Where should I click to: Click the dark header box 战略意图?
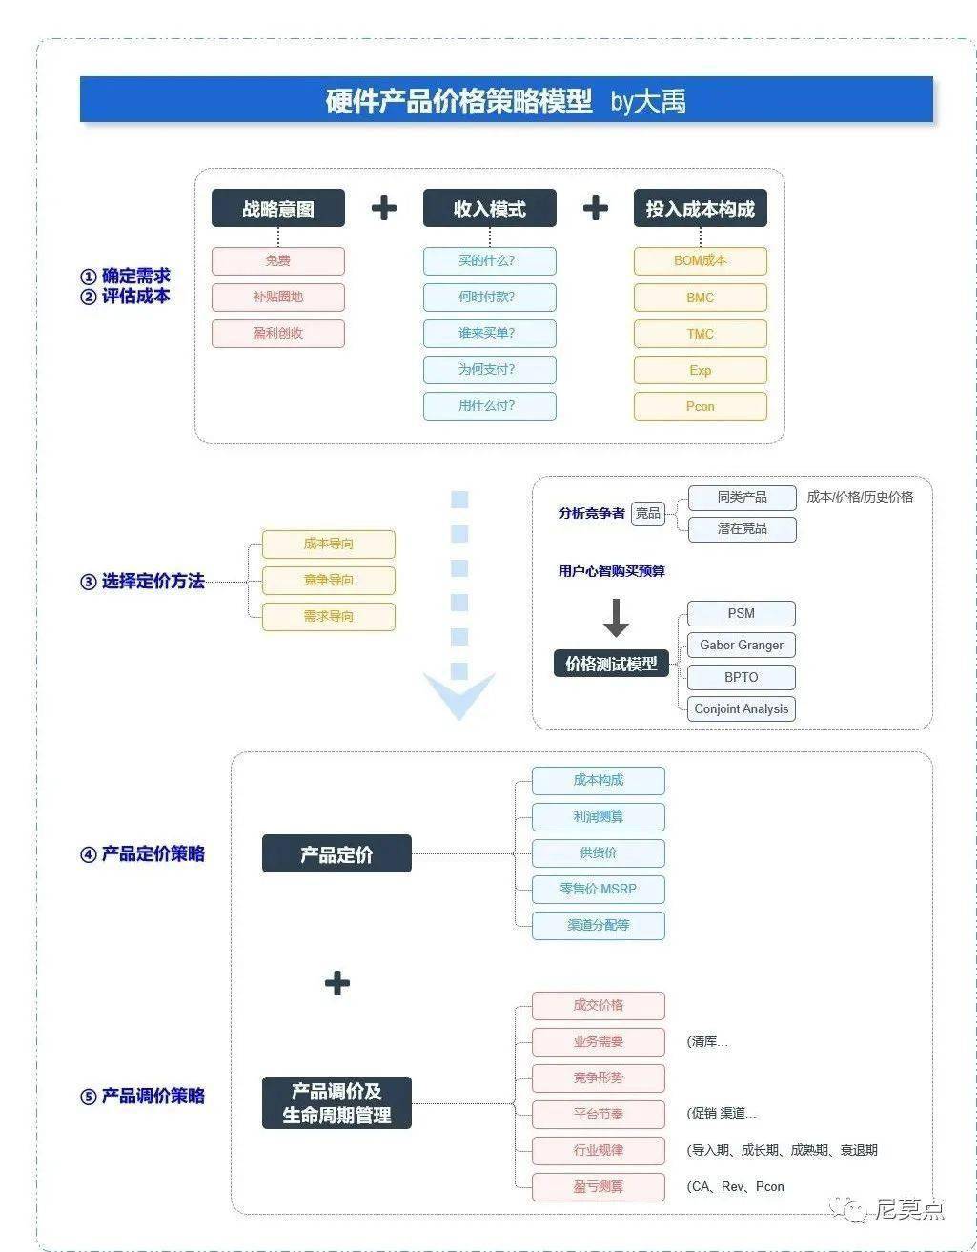click(x=277, y=209)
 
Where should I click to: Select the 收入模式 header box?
click(x=489, y=209)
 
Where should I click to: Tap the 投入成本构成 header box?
click(x=700, y=209)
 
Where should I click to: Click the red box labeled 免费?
click(x=277, y=260)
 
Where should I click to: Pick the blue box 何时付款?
click(x=489, y=297)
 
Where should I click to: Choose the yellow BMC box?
click(x=700, y=298)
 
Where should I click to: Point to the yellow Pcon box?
click(x=700, y=406)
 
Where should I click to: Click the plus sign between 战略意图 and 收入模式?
click(x=383, y=208)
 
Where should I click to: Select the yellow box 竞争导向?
click(x=328, y=580)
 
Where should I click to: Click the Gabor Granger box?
click(x=741, y=646)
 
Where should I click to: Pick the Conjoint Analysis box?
click(x=741, y=708)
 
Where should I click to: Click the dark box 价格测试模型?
click(x=611, y=664)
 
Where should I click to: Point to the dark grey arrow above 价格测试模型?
click(x=616, y=618)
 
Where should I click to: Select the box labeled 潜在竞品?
click(x=741, y=528)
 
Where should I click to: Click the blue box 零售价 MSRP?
click(x=598, y=889)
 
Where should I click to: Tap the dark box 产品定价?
click(x=336, y=853)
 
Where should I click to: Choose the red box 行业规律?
click(x=598, y=1150)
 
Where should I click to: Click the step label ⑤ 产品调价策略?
click(x=142, y=1096)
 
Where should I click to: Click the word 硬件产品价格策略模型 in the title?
click(x=458, y=101)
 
